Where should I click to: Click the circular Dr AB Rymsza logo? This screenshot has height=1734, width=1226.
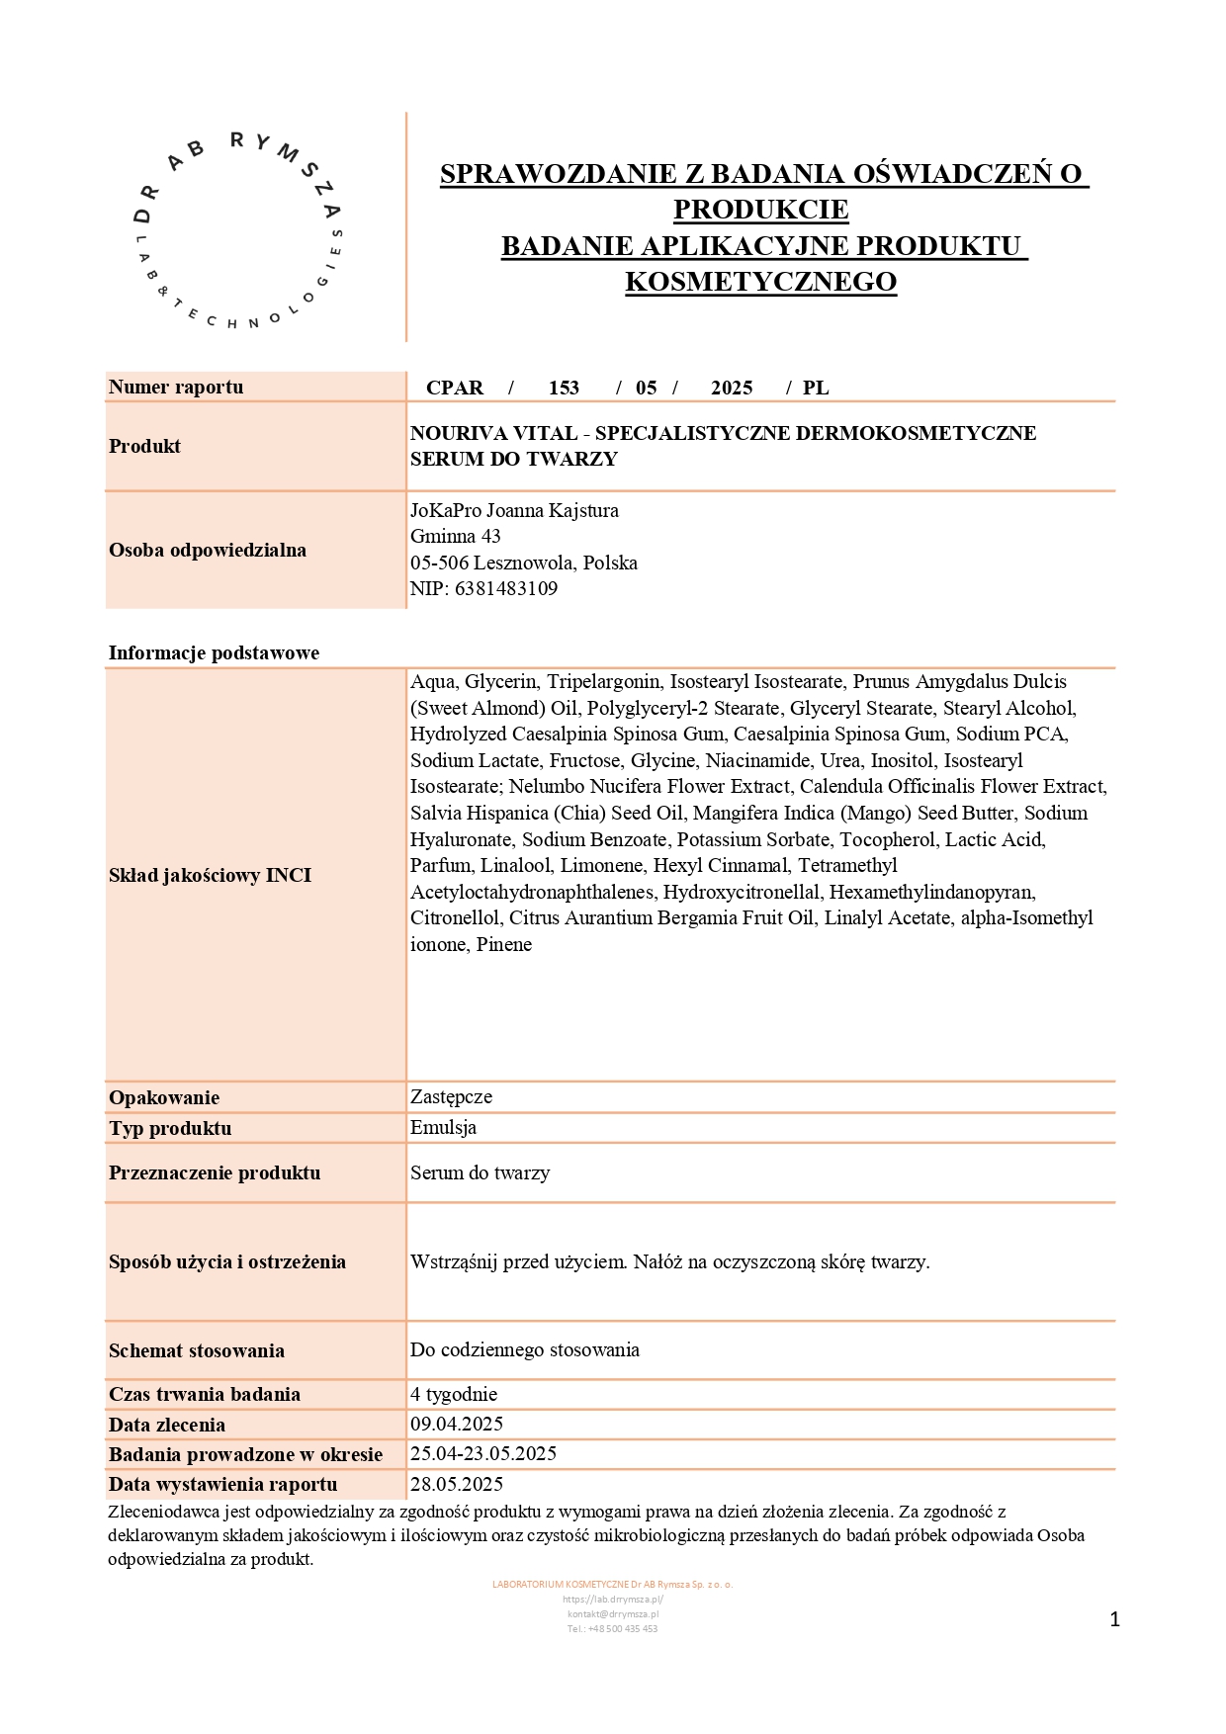click(238, 229)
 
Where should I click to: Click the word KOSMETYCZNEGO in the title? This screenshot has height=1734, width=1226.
click(760, 282)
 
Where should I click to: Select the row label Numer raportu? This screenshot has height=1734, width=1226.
click(176, 387)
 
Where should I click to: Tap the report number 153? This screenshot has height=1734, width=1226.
click(564, 388)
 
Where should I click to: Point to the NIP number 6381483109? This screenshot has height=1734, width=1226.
click(505, 588)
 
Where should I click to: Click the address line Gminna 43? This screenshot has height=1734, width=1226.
click(456, 536)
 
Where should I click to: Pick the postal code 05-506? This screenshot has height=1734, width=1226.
click(439, 563)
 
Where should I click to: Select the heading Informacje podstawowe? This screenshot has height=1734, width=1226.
click(214, 652)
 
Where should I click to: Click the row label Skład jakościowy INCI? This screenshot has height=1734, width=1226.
click(210, 875)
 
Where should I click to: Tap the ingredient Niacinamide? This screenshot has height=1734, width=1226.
click(757, 760)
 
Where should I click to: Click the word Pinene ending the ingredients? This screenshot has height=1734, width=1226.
click(504, 944)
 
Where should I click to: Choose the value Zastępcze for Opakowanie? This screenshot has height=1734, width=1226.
click(451, 1096)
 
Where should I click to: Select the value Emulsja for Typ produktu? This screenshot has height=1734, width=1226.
click(443, 1127)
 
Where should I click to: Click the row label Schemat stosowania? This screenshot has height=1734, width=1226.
click(197, 1350)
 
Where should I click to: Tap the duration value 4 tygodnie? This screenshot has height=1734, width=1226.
click(454, 1394)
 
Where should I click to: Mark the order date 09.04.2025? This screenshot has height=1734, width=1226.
click(457, 1424)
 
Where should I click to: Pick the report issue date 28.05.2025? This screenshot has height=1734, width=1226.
click(457, 1484)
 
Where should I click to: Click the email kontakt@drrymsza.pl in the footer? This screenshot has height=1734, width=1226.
click(613, 1613)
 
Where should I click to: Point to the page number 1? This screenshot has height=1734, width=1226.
click(1114, 1619)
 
